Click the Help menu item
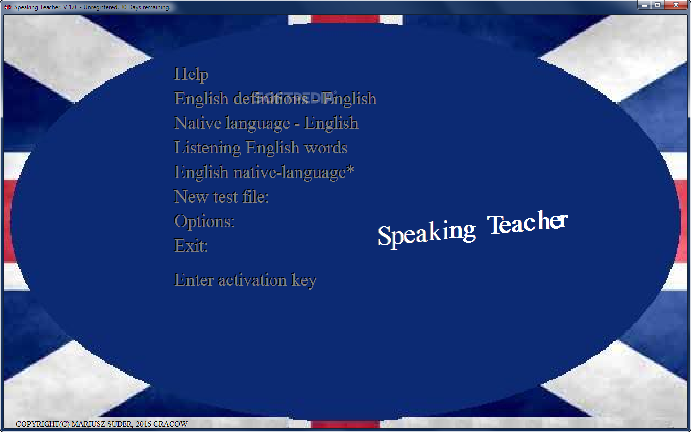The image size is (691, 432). pos(191,75)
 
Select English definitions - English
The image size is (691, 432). pos(275,99)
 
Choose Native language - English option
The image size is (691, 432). pos(266,123)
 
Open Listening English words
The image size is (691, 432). pos(261,148)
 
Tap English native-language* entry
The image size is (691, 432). pos(264,172)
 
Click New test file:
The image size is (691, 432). pos(221,197)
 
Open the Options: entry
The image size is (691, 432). pos(204,222)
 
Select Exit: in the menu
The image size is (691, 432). pos(191,246)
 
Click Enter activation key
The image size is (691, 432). pos(245,280)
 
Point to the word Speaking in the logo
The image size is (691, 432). pos(427,233)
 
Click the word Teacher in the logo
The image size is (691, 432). pos(527,223)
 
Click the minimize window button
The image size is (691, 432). pos(644,5)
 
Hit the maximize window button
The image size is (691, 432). pos(658,5)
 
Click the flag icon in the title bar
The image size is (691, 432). pos(8,7)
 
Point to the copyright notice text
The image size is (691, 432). pos(101,424)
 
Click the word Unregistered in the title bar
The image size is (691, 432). pos(100,7)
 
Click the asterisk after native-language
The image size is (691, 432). pos(350,169)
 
